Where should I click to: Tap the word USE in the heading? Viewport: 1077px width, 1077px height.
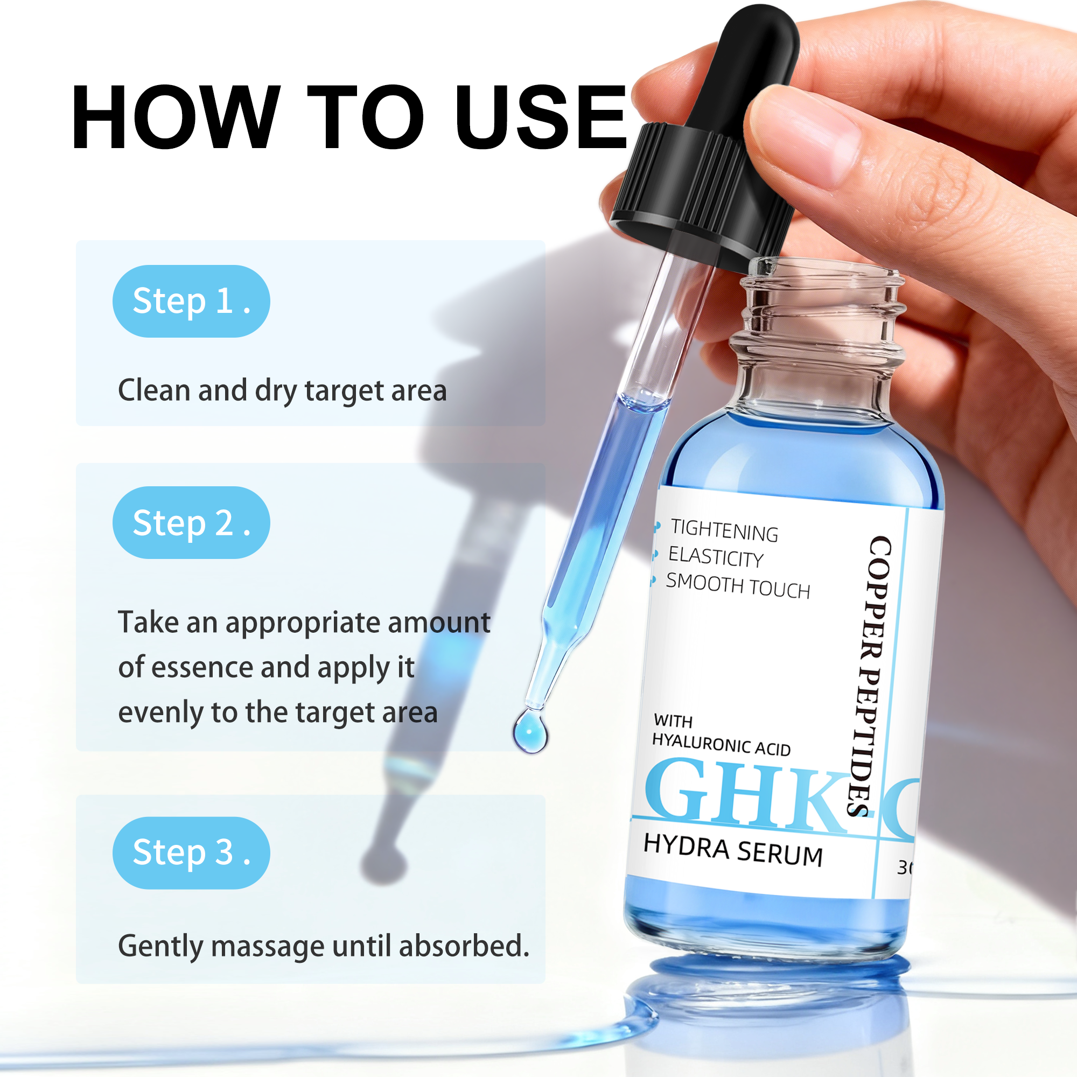pos(540,118)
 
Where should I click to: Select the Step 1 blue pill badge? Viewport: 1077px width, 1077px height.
pos(191,301)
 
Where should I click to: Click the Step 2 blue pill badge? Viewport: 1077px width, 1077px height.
pos(191,522)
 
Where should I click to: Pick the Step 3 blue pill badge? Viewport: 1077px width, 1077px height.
pos(191,852)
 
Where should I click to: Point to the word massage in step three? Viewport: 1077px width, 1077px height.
pos(270,946)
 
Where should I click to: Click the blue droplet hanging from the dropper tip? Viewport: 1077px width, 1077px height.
pos(530,731)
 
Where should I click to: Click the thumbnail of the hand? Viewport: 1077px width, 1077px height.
pos(803,134)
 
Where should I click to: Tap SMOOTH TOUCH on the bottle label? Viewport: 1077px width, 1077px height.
pos(738,586)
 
